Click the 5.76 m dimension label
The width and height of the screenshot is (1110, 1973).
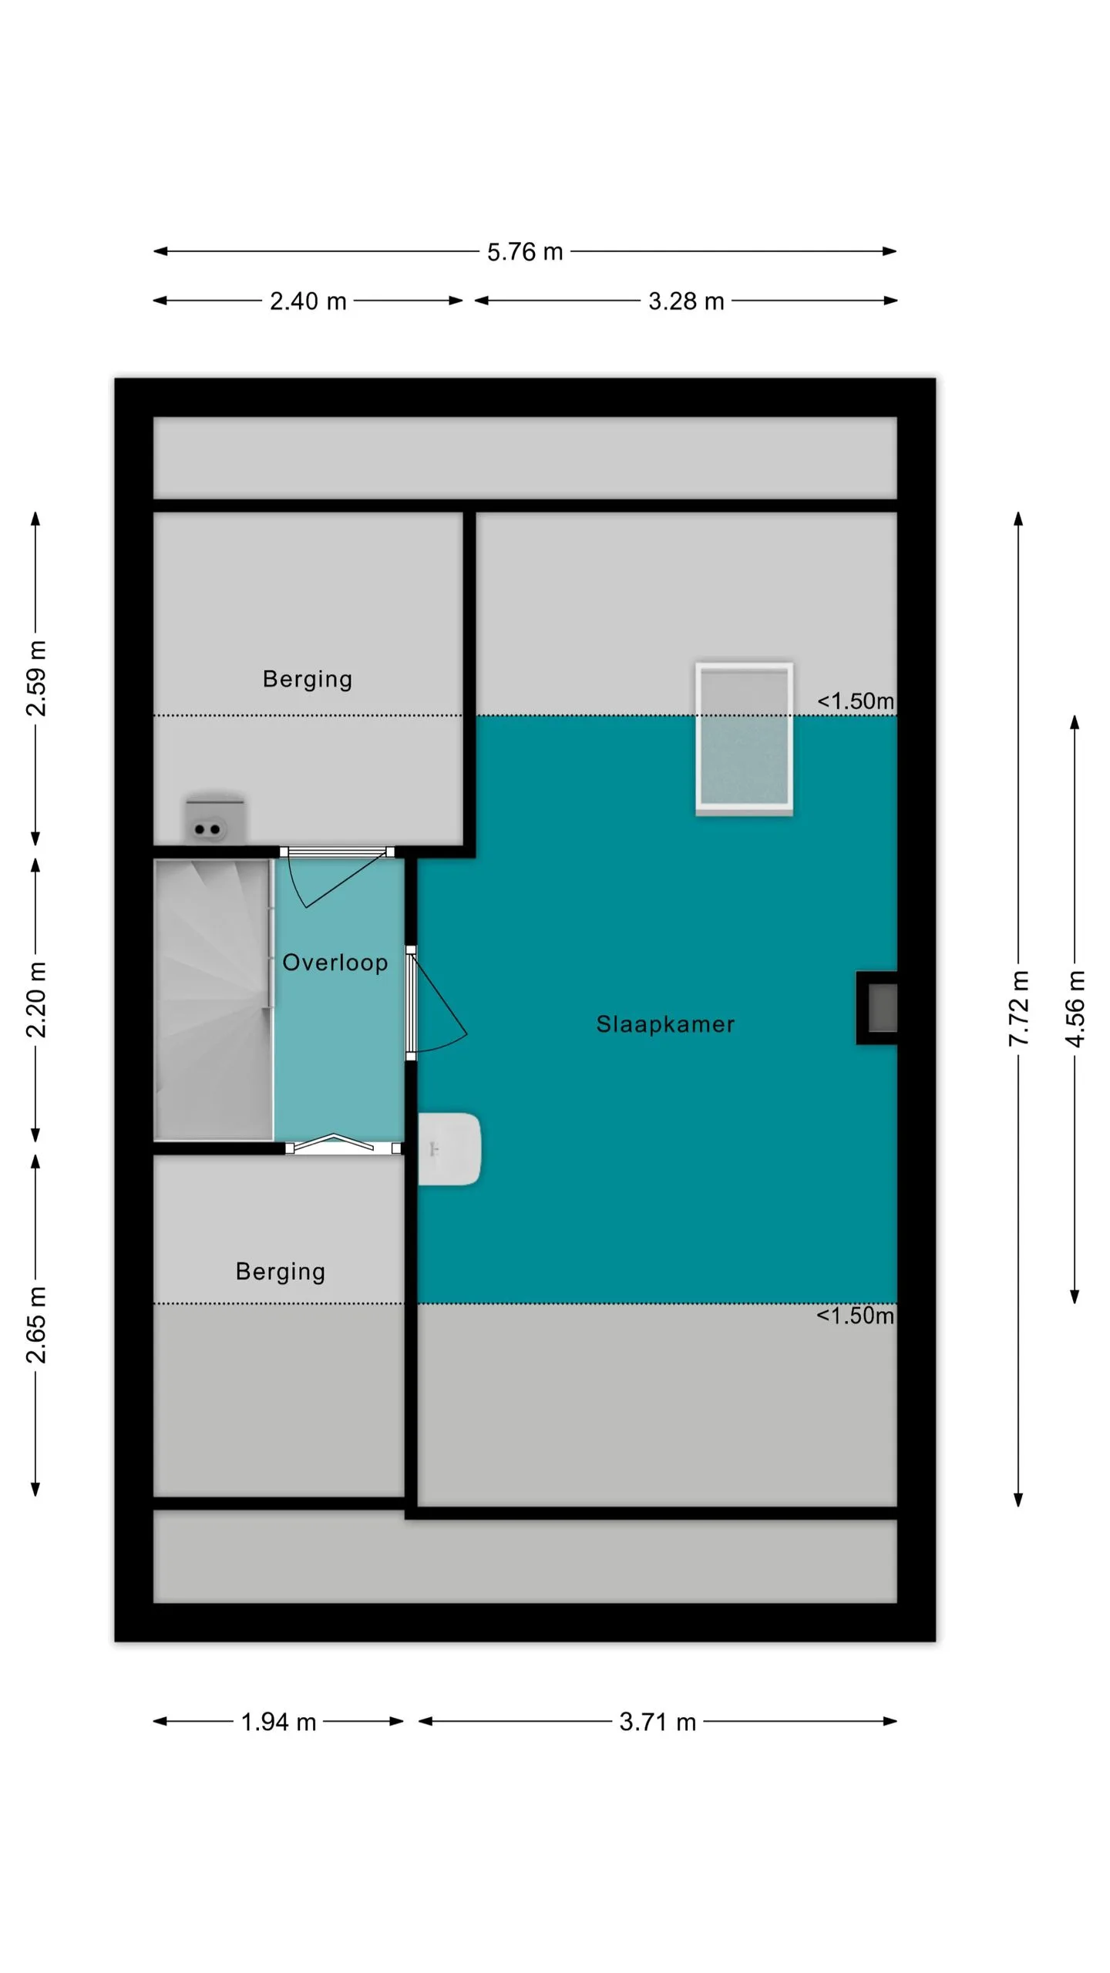(525, 252)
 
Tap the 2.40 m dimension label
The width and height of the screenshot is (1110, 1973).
(308, 301)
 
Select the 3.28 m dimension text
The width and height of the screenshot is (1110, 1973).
(686, 301)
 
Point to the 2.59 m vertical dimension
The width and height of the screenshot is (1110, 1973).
(36, 677)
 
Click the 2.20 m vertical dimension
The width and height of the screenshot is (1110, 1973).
(36, 999)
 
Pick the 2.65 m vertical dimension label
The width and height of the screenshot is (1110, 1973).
(36, 1325)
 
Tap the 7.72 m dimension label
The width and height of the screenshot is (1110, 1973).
(1019, 1008)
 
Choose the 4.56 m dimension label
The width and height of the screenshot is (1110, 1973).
(1075, 1008)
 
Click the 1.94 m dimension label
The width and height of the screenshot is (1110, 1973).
(278, 1722)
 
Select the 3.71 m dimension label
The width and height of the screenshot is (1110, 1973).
(658, 1722)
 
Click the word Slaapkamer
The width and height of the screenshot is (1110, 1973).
(665, 1024)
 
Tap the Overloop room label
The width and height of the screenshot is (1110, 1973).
(335, 963)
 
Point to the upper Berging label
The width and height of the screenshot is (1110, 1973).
(308, 679)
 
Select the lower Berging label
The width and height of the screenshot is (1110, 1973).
(281, 1272)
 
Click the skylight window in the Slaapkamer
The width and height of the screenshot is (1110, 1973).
(744, 738)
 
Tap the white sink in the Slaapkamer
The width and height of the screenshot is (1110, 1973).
(449, 1148)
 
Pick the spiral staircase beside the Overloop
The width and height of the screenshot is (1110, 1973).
(214, 1000)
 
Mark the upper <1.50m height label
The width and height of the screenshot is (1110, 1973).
(856, 701)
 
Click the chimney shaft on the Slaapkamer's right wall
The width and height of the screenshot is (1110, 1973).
(877, 1008)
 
